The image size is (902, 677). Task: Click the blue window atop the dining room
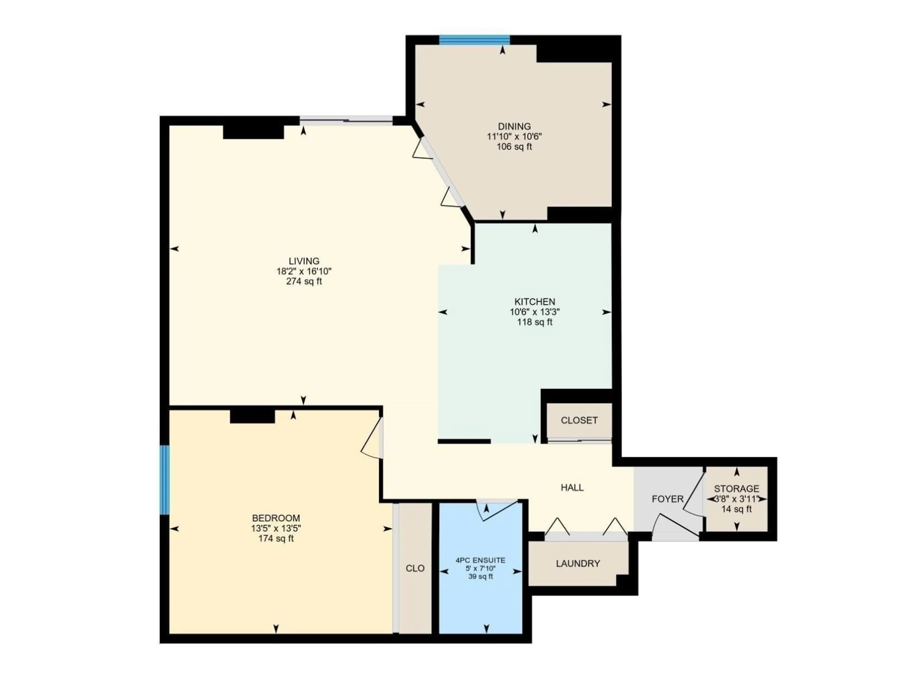tap(474, 39)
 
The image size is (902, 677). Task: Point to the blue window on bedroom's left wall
tap(164, 480)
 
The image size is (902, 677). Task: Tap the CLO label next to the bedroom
tap(415, 568)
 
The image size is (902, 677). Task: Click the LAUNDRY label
tap(578, 563)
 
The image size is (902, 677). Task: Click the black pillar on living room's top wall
tap(253, 132)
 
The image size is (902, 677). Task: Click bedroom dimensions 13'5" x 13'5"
tap(276, 528)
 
